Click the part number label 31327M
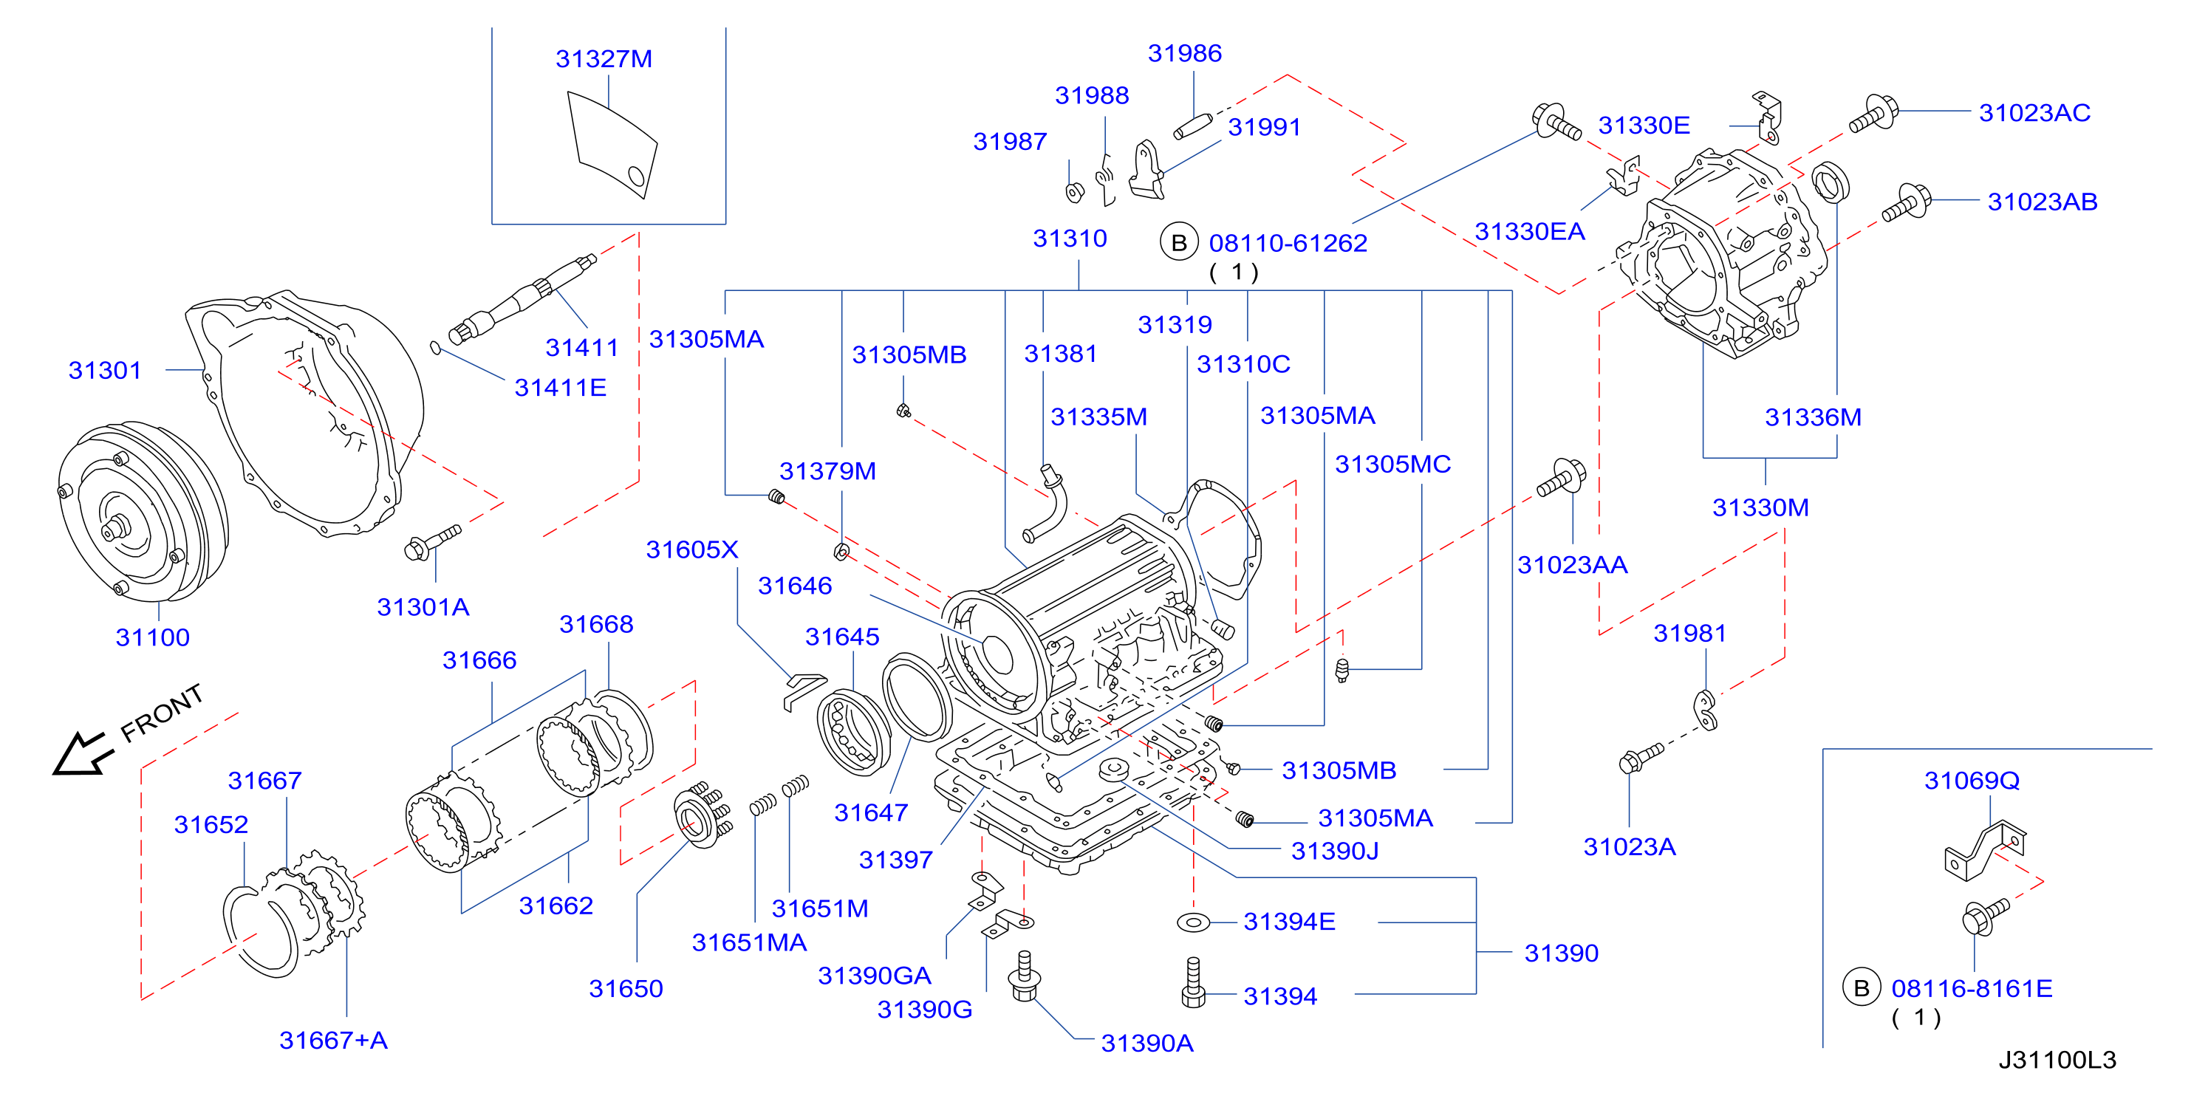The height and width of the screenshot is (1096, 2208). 604,58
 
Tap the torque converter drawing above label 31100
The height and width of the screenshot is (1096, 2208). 143,512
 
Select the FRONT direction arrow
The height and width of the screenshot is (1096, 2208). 82,754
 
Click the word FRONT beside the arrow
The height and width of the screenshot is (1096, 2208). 162,712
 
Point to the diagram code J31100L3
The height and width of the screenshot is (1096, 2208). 2057,1060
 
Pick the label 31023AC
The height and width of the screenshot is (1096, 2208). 2034,112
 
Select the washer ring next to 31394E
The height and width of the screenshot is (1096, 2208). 1193,922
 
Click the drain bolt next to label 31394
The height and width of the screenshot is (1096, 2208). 1193,983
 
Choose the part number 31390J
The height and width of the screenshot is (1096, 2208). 1335,851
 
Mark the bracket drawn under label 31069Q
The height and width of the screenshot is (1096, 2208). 1985,850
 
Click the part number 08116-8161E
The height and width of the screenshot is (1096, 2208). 1972,989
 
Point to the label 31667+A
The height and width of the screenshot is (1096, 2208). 333,1041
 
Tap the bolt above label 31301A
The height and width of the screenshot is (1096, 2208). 432,542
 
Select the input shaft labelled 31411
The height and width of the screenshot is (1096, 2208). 523,299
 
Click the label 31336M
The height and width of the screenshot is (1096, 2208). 1813,417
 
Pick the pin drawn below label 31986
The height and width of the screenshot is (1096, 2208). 1192,126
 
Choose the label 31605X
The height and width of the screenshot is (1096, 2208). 691,549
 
